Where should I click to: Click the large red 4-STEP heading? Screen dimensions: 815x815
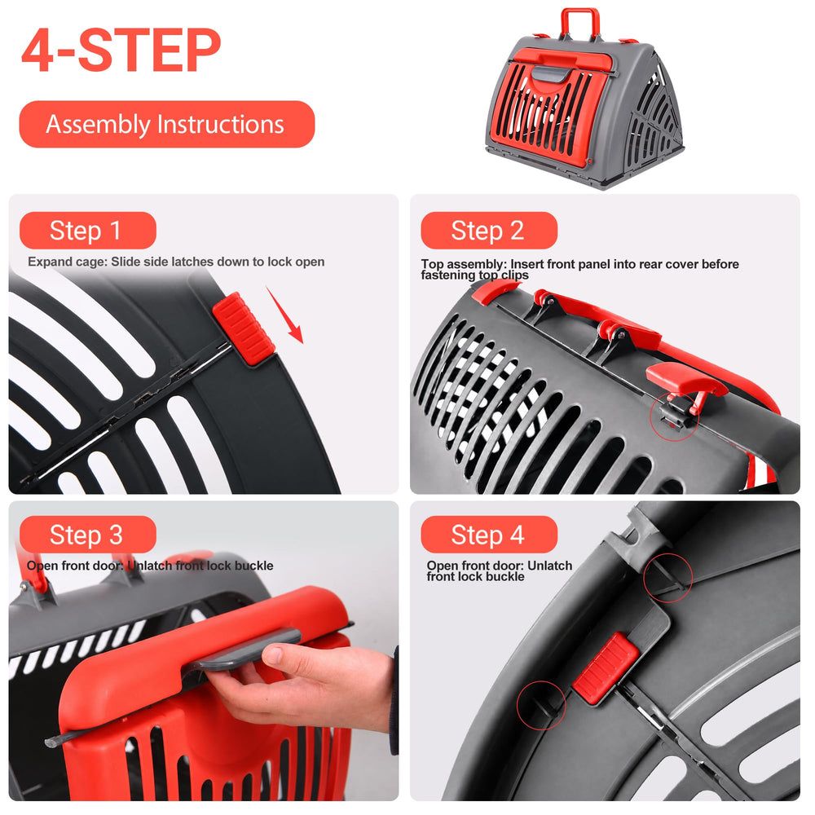[121, 50]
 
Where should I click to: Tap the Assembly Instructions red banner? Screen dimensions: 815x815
[167, 124]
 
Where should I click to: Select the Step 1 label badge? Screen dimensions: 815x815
[88, 231]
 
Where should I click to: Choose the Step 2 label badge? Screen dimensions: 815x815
[489, 231]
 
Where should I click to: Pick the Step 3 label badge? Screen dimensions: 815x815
[88, 535]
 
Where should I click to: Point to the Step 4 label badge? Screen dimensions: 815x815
[489, 535]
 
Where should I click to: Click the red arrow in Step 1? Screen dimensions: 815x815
[284, 315]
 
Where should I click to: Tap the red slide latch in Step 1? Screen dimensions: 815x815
[243, 328]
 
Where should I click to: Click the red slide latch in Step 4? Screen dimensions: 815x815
[606, 668]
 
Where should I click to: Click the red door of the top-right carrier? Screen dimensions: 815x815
[548, 107]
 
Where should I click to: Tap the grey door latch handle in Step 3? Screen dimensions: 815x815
[244, 647]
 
